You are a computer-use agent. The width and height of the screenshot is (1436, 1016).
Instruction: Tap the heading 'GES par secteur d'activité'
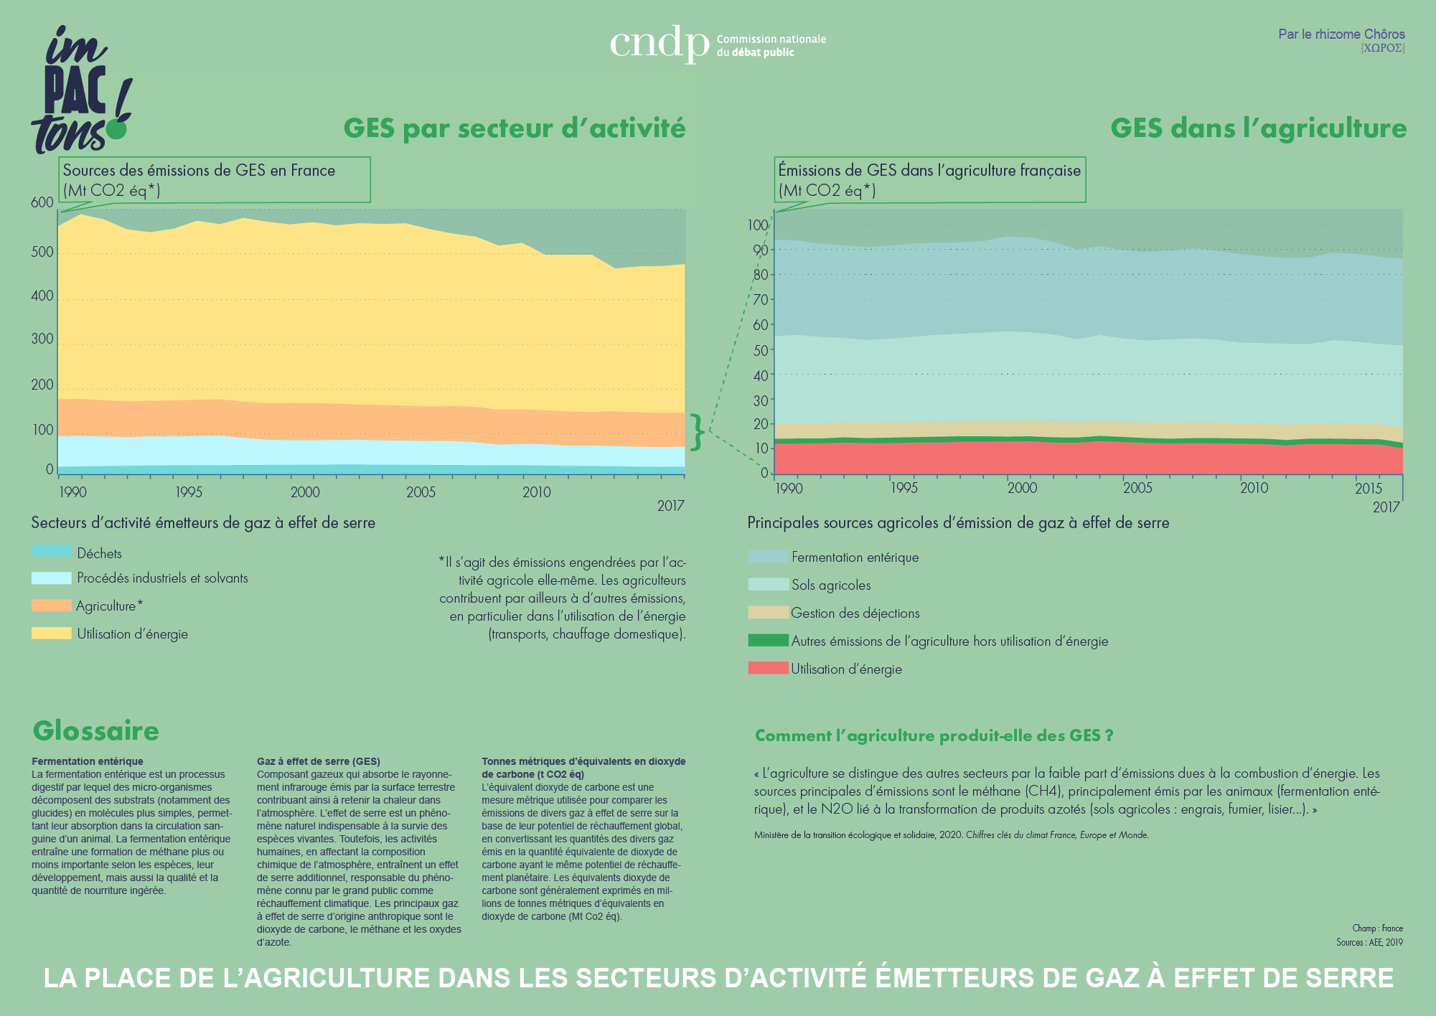514,128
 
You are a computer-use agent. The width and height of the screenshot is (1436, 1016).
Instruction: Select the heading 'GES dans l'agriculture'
1258,128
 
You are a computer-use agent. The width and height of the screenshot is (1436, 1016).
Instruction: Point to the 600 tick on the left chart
42,202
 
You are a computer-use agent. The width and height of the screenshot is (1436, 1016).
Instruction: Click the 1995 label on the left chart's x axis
188,492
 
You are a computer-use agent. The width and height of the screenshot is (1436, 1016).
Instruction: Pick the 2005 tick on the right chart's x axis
1137,489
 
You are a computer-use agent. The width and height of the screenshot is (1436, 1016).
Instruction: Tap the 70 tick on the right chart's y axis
760,300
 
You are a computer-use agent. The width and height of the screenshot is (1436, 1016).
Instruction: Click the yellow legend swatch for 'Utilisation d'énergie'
51,634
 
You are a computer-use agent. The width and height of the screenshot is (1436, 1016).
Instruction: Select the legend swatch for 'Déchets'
51,552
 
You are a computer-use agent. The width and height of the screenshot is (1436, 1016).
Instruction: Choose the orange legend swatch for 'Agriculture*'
51,606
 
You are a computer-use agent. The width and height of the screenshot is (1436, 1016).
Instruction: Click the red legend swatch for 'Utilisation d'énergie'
768,669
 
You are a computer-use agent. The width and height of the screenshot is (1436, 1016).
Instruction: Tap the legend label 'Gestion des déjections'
855,613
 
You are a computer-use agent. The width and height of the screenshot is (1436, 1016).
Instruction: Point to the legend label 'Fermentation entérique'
855,558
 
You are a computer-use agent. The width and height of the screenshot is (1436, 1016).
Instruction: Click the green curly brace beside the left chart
696,432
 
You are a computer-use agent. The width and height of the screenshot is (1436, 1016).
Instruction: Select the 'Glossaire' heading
96,731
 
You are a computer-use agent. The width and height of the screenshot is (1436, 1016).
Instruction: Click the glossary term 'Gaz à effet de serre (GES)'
318,761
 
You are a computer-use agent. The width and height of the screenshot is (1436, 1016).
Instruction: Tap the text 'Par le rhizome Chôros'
1341,34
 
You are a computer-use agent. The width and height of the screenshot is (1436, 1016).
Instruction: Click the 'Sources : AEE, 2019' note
1369,943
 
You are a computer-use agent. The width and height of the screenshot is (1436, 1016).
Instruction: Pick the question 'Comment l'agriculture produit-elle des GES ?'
934,736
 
